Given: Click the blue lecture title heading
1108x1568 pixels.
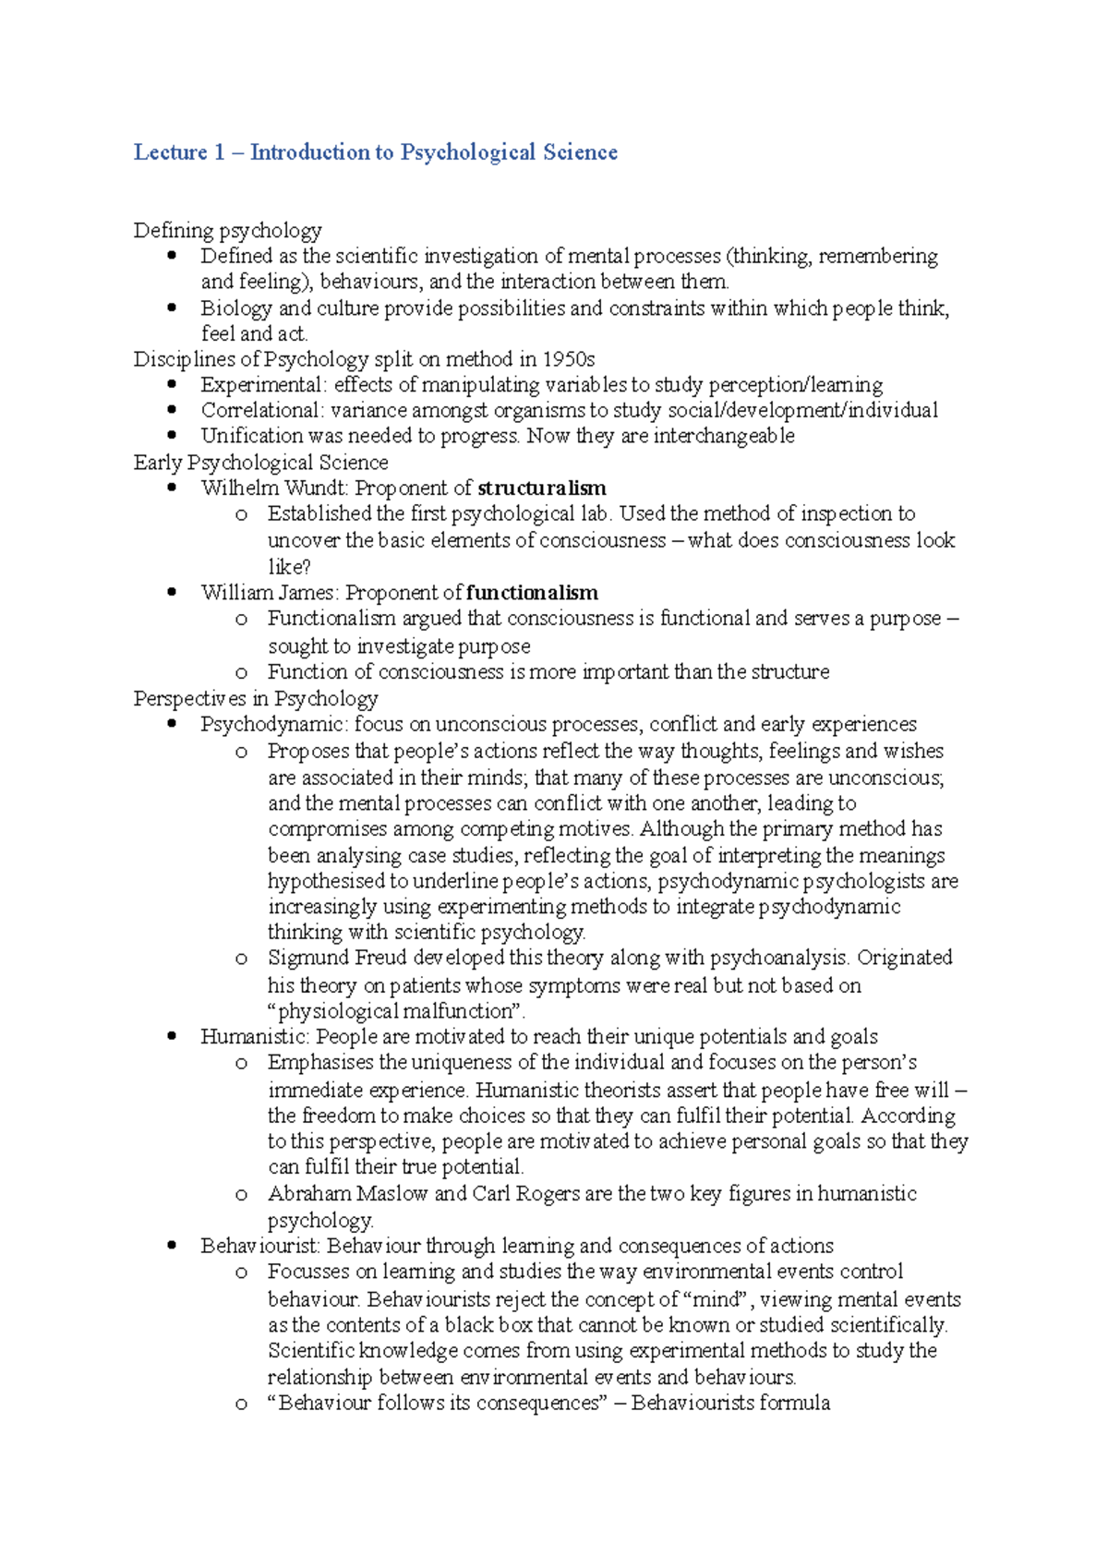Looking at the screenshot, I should (x=375, y=152).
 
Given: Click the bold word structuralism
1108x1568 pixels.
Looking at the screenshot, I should (x=542, y=488).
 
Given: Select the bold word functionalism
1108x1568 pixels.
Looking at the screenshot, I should (x=532, y=593).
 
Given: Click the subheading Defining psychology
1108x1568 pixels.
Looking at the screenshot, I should (x=227, y=230).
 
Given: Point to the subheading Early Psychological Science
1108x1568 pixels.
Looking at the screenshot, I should (x=260, y=462).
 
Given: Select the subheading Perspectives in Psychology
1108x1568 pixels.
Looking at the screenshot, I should (x=256, y=698).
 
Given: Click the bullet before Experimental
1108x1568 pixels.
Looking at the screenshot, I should (x=172, y=384).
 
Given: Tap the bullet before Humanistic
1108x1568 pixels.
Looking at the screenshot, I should (x=172, y=1037).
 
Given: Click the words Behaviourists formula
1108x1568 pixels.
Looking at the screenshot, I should (x=730, y=1404).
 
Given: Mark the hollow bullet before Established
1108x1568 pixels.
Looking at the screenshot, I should (x=241, y=514).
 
